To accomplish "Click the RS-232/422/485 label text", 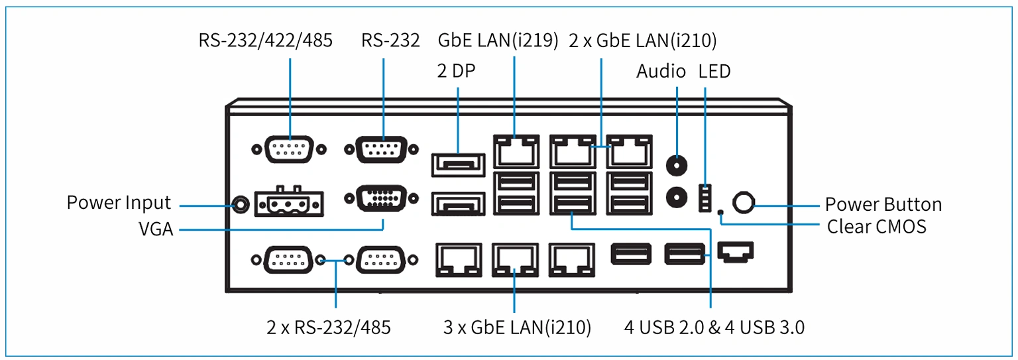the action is [x=265, y=40].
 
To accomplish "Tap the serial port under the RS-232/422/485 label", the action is [x=289, y=149].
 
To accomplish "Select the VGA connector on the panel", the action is [x=381, y=198].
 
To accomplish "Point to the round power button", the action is [x=744, y=202].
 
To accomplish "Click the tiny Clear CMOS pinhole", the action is [x=720, y=211].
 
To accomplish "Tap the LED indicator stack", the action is [x=705, y=198].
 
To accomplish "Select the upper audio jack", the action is [x=677, y=165].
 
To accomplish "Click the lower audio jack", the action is [x=677, y=197].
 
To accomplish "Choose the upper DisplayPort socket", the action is [x=458, y=164].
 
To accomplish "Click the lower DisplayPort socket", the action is [x=458, y=204].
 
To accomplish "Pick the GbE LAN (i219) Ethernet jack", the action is [x=516, y=151].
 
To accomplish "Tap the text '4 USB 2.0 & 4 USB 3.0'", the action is [x=714, y=328].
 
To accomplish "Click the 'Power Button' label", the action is [x=883, y=205].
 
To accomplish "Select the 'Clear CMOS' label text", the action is [x=877, y=226].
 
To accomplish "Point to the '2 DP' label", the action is [x=456, y=71].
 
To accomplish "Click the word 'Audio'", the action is [x=661, y=71].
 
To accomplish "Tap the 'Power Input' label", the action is [x=119, y=203].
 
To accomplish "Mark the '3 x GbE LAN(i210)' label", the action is [x=517, y=328].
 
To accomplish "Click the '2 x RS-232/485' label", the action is [x=329, y=328].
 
